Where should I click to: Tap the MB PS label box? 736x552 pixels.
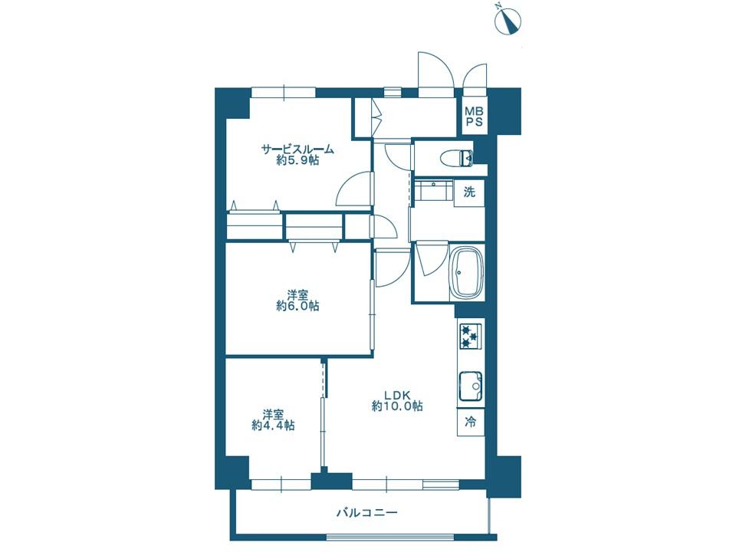474,116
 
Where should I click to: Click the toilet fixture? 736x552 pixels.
458,158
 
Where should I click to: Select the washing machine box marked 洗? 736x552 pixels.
469,192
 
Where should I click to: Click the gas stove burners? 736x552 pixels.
470,336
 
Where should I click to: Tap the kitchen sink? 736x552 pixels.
471,386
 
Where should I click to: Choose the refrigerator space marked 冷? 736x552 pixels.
470,422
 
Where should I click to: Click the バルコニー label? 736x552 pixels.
366,512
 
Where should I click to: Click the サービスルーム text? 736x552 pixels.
297,149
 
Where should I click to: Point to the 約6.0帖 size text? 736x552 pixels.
297,306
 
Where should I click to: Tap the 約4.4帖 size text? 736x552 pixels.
273,426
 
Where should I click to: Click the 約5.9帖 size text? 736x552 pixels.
297,160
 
